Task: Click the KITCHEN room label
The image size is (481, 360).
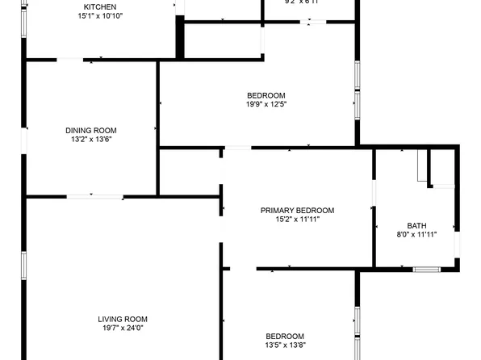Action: (x=100, y=7)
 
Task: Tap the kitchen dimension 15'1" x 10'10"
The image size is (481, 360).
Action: (x=100, y=16)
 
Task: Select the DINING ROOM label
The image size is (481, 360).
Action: (x=91, y=130)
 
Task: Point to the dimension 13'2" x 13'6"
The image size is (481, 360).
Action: (x=91, y=139)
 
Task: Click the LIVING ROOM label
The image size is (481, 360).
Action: (x=123, y=319)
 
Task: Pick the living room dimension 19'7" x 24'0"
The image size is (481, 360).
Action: (x=123, y=328)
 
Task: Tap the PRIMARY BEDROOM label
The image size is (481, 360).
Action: (x=297, y=211)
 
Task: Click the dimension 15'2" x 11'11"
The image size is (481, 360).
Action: (x=297, y=219)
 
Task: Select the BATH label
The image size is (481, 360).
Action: (x=416, y=226)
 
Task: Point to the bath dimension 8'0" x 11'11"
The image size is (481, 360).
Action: (x=416, y=235)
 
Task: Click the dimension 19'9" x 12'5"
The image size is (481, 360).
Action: (x=266, y=103)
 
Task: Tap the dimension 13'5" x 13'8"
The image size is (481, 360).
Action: (x=286, y=345)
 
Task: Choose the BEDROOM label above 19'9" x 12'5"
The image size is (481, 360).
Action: (x=266, y=94)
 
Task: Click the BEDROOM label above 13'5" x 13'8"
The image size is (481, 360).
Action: (x=286, y=336)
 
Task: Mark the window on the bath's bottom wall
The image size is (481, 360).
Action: (x=425, y=269)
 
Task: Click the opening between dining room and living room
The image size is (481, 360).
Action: (x=94, y=196)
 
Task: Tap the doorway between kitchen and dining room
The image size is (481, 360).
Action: (x=69, y=59)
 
